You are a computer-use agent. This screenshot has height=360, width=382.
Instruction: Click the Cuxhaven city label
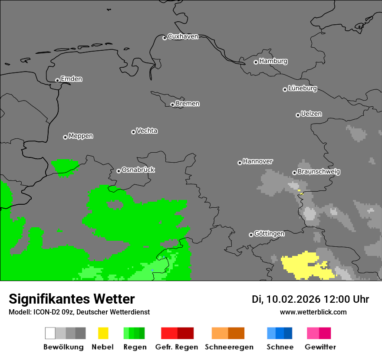pos(183,36)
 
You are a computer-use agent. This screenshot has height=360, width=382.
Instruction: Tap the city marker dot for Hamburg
pos(256,62)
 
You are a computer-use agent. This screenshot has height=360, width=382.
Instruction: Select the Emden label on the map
pos(71,79)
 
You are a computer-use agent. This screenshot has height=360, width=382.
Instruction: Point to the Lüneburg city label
pos(302,88)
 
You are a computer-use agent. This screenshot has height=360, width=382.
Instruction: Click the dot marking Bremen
pos(172,105)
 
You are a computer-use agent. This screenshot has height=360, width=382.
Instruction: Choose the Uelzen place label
pos(311,114)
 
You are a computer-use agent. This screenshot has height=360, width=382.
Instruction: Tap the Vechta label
pos(147,131)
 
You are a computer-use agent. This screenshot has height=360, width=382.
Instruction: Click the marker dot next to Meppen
pos(65,137)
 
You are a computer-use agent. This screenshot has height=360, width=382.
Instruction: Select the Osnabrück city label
pos(138,170)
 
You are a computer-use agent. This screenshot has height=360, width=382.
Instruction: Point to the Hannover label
pos(257,161)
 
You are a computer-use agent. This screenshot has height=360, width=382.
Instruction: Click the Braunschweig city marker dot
pos(294,173)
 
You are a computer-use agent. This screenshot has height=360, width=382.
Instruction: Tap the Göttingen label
pos(269,234)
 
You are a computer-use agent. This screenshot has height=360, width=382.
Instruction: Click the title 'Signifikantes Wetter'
pos(72,299)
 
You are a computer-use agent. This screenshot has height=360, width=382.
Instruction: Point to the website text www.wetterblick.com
pos(313,312)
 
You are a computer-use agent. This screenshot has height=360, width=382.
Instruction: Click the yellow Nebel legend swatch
pos(103,333)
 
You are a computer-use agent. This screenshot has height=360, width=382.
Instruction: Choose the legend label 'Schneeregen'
pos(229,347)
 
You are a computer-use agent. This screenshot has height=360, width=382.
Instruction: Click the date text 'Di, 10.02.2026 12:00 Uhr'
pos(310,299)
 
